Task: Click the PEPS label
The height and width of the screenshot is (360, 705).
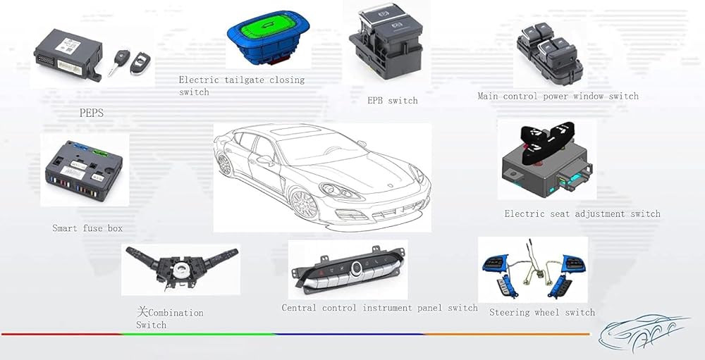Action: [x=92, y=112]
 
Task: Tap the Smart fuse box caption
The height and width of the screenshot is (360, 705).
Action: [x=87, y=228]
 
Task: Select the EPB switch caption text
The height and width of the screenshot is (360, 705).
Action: [x=393, y=101]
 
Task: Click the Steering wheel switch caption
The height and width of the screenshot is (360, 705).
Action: [x=542, y=312]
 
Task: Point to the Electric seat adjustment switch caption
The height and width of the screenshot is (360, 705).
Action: [x=582, y=213]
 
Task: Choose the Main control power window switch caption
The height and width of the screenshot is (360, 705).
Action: [x=558, y=96]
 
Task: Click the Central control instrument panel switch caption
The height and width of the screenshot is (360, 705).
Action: [x=379, y=308]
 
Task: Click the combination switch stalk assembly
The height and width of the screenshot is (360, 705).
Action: [x=180, y=268]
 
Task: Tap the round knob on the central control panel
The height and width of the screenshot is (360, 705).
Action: [x=357, y=267]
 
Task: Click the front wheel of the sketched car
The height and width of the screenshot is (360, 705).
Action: [x=303, y=204]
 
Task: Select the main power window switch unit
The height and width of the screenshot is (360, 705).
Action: [x=548, y=52]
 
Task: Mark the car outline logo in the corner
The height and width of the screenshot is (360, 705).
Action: [x=642, y=332]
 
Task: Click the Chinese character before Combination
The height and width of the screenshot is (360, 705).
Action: [x=142, y=311]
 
